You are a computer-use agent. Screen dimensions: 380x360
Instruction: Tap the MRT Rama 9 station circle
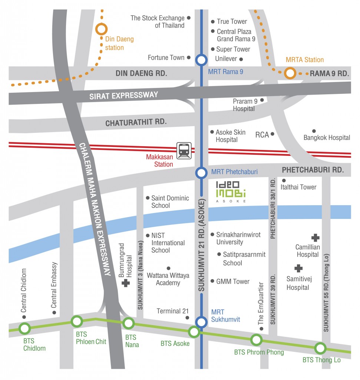201,60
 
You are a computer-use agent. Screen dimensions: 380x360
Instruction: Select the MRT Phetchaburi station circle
201,173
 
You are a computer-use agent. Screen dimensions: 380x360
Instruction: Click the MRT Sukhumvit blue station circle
201,322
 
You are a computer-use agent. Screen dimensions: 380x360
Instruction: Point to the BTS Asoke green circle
194,331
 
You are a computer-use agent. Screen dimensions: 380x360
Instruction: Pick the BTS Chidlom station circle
25,328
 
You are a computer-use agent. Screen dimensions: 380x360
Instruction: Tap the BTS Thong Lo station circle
320,348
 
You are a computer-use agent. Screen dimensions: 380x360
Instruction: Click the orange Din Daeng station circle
101,29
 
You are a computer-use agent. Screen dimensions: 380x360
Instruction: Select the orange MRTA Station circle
290,73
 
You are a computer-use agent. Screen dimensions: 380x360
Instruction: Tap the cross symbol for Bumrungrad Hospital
126,284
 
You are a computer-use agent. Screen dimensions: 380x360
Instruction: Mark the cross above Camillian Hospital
315,237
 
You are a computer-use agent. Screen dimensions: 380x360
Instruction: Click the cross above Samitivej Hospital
298,268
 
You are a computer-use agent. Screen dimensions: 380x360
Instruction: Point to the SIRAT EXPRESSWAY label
124,95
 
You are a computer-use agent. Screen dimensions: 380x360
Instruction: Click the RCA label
262,135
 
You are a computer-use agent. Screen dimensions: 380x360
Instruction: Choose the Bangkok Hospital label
327,138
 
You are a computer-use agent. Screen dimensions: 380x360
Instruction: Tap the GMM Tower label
233,282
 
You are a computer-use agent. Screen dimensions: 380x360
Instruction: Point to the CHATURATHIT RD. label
136,122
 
